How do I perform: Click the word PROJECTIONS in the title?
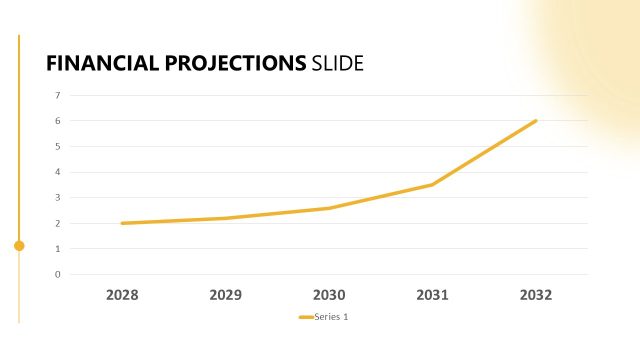[233, 63]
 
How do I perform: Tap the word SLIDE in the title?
[337, 63]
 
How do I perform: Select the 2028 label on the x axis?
[122, 295]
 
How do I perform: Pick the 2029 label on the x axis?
[226, 295]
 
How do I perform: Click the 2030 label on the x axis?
[329, 295]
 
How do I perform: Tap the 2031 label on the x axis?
[433, 295]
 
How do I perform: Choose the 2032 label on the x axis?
[536, 295]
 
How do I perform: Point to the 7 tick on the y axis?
[57, 95]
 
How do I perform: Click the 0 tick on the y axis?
[57, 274]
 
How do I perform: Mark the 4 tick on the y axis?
[57, 172]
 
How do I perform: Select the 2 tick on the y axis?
[57, 223]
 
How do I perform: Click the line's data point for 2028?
[122, 223]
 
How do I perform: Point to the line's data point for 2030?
[329, 208]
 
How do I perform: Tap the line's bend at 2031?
[433, 184]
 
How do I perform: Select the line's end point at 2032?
[536, 121]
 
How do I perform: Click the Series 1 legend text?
[331, 317]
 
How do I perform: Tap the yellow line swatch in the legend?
[305, 317]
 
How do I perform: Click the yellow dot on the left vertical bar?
[19, 245]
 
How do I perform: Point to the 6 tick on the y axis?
[57, 121]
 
